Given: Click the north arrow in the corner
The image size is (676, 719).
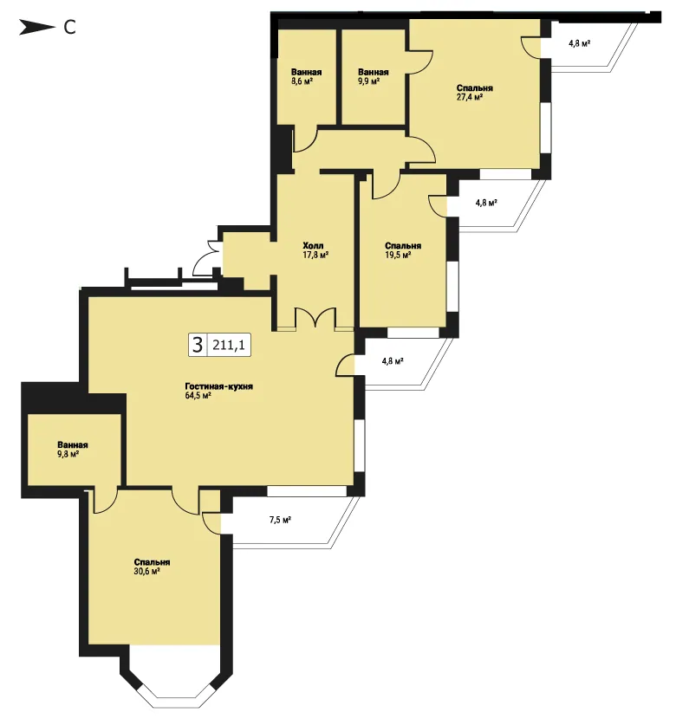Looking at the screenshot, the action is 36,28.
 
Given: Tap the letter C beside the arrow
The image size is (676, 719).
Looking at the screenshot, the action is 69,28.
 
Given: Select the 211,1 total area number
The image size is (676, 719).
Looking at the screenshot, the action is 229,345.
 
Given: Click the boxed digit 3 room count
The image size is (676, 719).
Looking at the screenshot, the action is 198,345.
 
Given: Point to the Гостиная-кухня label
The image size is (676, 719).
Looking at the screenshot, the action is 218,386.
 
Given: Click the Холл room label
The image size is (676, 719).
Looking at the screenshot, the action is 313,246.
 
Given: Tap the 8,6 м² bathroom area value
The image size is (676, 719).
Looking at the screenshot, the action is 302,81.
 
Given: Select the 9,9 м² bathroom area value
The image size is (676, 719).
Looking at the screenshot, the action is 368,81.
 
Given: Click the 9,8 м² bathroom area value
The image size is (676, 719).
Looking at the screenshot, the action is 68,454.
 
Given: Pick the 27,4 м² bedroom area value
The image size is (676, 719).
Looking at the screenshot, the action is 470,97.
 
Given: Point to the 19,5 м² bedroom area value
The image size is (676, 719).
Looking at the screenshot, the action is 398,255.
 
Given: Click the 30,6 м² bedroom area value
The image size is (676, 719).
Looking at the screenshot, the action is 146,572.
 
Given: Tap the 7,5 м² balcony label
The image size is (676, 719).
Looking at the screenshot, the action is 280,520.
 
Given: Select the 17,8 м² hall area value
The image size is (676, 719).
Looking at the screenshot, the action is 315,255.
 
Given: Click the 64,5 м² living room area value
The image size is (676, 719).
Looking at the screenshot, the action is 198,396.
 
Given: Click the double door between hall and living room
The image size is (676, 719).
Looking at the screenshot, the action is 315,318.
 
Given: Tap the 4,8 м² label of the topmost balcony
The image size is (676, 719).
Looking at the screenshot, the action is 579,43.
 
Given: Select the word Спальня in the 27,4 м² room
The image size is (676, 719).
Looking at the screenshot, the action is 475,88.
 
